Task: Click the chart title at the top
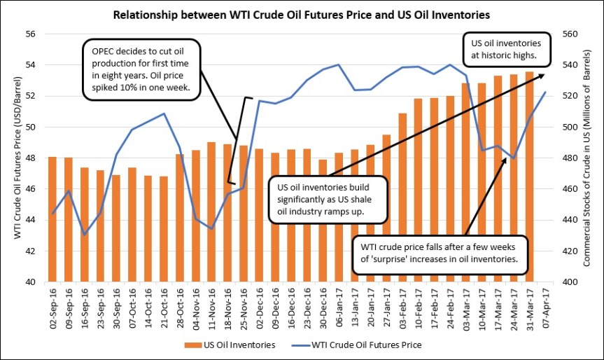click(x=301, y=13)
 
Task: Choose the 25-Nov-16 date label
click(x=243, y=308)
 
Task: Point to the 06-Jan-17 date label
click(x=338, y=308)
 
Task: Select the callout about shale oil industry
click(x=328, y=200)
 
